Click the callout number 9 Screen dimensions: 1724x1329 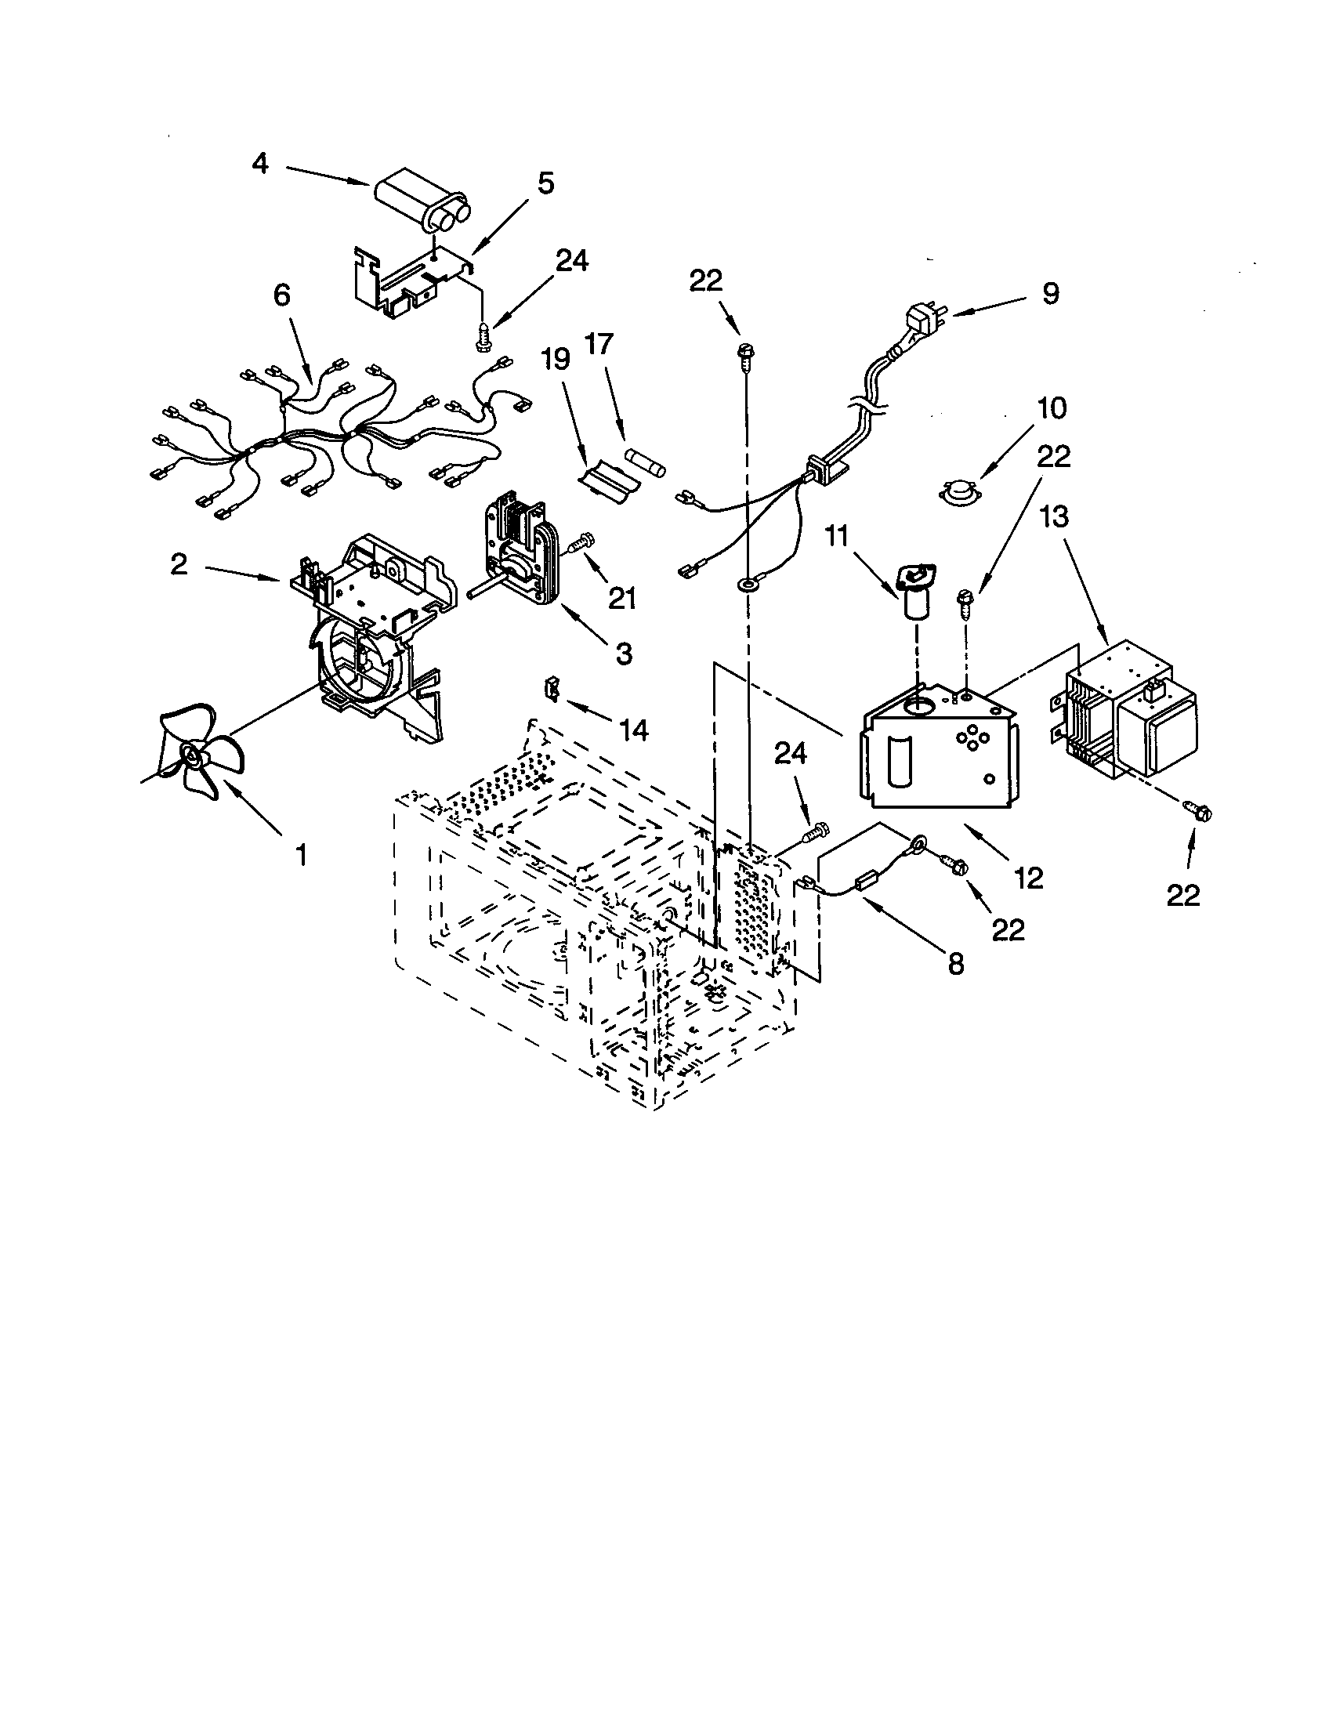[1049, 293]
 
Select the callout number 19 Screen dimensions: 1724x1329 [556, 359]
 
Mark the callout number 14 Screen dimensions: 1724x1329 [634, 730]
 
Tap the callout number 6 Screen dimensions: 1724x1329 [282, 295]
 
